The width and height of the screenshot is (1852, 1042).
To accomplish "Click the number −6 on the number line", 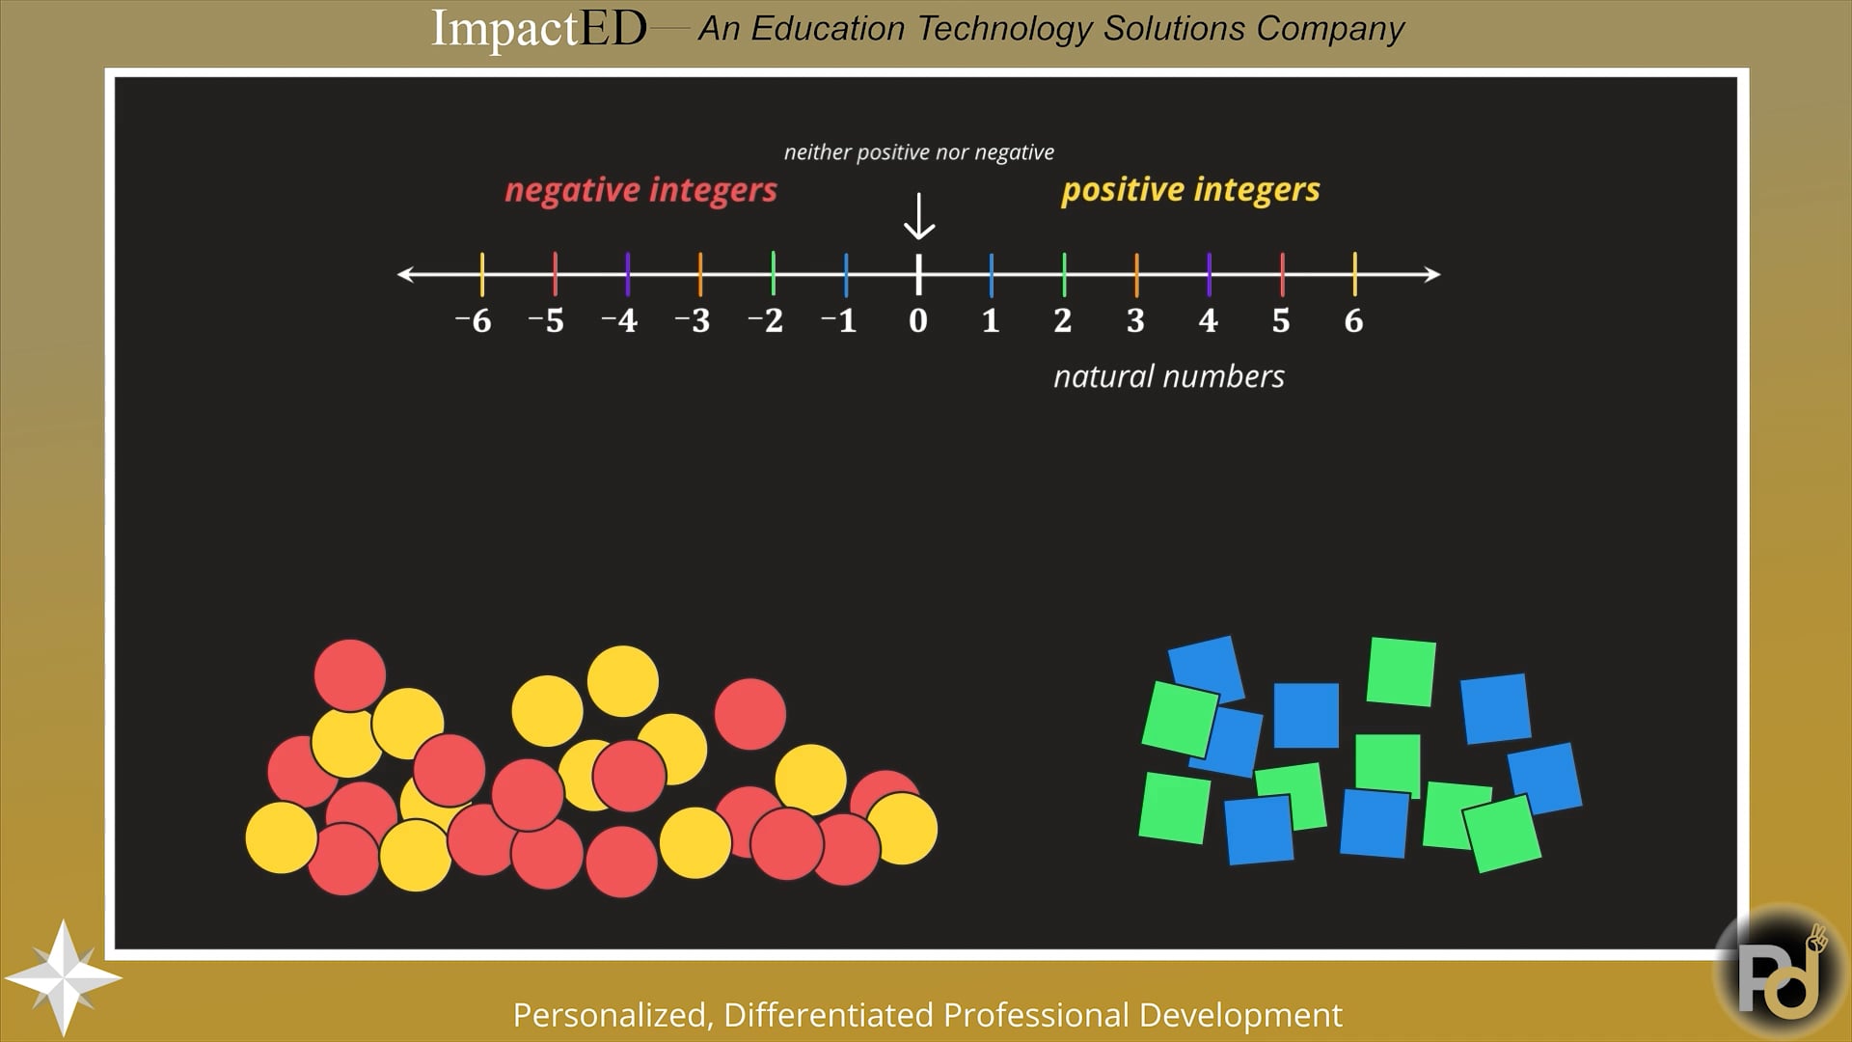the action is pos(473,320).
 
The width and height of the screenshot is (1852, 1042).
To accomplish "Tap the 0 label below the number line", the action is pos(918,320).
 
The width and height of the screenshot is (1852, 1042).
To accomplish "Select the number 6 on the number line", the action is pos(1353,320).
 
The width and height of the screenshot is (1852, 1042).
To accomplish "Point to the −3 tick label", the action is pos(692,320).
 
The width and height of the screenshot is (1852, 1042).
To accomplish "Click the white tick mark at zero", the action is pos(918,274).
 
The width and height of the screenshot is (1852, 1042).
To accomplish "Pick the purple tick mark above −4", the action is pos(628,274).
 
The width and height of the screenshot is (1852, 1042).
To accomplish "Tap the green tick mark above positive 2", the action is pos(1064,274).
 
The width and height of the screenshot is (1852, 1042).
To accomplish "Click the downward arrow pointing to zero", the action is pos(919,216).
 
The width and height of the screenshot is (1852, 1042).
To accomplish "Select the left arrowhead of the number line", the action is pos(405,274).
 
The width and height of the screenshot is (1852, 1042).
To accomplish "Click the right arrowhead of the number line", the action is pos(1432,274).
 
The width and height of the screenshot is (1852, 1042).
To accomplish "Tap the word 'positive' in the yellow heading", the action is pos(1122,190).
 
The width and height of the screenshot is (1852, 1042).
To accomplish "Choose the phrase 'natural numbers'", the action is pos(1169,376).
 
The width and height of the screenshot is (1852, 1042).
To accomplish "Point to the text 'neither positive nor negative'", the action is pos(919,152).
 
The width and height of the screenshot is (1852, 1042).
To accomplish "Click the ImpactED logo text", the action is pos(538,28).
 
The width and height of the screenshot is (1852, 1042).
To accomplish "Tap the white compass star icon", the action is pos(64,977).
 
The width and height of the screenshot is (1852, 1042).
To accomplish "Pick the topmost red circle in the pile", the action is pos(349,675).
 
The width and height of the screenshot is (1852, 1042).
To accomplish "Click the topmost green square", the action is pos(1402,671).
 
